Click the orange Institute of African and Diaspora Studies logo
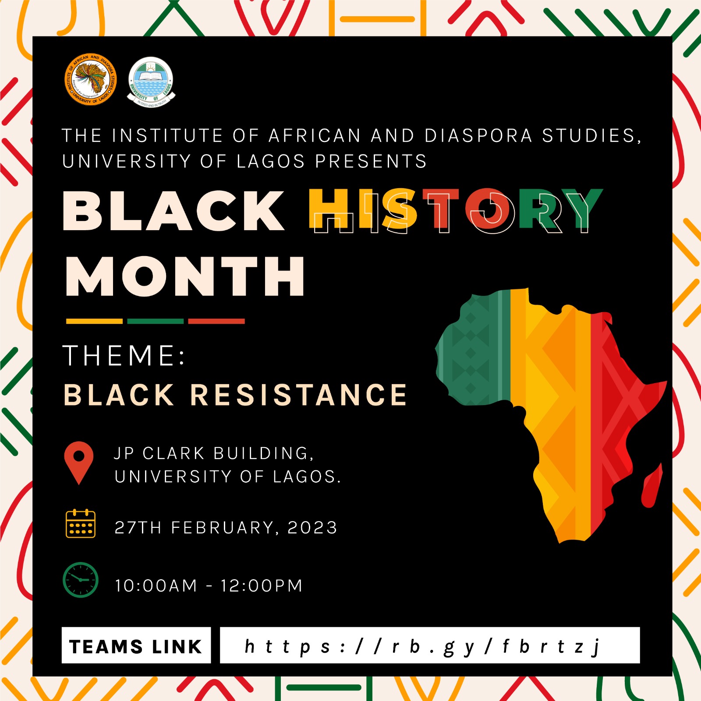click(91, 80)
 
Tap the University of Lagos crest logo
click(151, 82)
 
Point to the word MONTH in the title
click(185, 276)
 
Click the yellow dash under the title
click(94, 321)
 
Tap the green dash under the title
click(155, 321)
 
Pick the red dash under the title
click(216, 321)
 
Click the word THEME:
click(124, 355)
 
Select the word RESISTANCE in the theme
click(299, 395)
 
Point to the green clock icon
click(81, 580)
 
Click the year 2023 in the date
click(312, 527)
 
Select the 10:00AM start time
click(156, 586)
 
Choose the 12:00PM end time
click(262, 586)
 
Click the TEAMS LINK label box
click(136, 645)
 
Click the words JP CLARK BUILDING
click(214, 454)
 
